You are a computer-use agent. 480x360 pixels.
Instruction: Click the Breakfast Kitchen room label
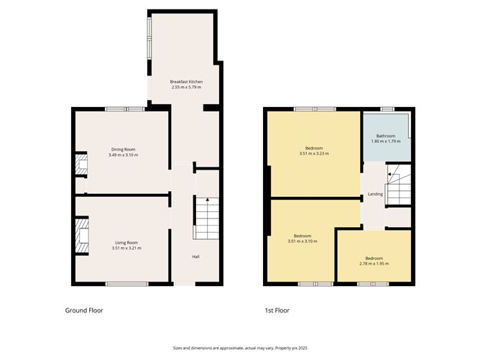[x=186, y=81]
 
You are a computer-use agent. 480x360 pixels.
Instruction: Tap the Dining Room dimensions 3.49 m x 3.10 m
[x=123, y=155]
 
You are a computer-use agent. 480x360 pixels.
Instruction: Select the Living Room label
[x=126, y=243]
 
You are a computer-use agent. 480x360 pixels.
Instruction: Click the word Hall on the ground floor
[x=195, y=257]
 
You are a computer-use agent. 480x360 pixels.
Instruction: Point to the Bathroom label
[x=387, y=135]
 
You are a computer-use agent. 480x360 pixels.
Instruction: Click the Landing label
[x=375, y=194]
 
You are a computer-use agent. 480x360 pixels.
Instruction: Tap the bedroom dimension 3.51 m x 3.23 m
[x=313, y=153]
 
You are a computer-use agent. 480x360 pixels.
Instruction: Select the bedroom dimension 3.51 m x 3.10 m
[x=302, y=241]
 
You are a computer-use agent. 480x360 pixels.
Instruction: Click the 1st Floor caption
[x=277, y=310]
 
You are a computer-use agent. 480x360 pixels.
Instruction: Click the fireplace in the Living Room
[x=83, y=237]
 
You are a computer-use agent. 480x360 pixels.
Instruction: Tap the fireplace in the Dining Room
[x=82, y=165]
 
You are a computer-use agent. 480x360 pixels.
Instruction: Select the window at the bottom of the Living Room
[x=126, y=284]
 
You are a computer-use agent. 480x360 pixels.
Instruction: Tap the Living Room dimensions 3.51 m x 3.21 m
[x=126, y=249]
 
